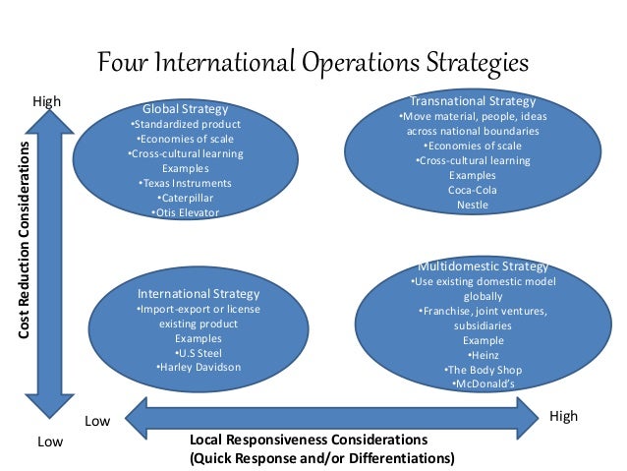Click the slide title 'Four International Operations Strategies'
tap(313, 62)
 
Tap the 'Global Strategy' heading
tap(185, 108)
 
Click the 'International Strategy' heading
tap(199, 294)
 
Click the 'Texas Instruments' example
tap(185, 183)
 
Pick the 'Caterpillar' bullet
tap(185, 198)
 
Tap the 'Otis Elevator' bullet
tap(185, 212)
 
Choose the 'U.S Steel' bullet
tap(199, 352)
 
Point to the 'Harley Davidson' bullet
tap(199, 367)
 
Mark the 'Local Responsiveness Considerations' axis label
tap(308, 440)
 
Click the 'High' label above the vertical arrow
tap(47, 101)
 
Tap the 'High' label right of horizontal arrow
tap(564, 417)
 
